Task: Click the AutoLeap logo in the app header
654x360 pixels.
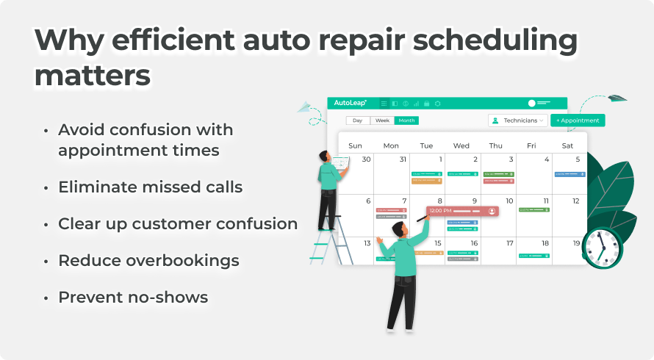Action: tap(350, 104)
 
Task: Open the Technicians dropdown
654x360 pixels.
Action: tap(518, 120)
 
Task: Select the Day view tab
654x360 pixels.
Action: tap(358, 120)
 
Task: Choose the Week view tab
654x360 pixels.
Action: tap(382, 120)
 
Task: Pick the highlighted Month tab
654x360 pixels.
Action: tap(406, 120)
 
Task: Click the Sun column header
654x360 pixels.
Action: tap(355, 145)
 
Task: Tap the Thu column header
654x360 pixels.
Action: tap(496, 145)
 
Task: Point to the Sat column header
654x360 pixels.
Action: tap(567, 145)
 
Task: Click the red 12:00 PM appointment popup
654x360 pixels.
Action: tap(462, 211)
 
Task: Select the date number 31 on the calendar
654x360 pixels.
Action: tap(402, 159)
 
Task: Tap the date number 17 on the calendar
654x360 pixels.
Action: tap(509, 243)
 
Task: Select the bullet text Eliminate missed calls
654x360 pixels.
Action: tap(150, 187)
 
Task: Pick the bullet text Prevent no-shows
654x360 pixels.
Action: tap(133, 297)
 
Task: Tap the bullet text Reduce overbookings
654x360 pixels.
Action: tap(148, 261)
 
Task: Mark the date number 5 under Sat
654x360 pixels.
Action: tap(578, 159)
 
